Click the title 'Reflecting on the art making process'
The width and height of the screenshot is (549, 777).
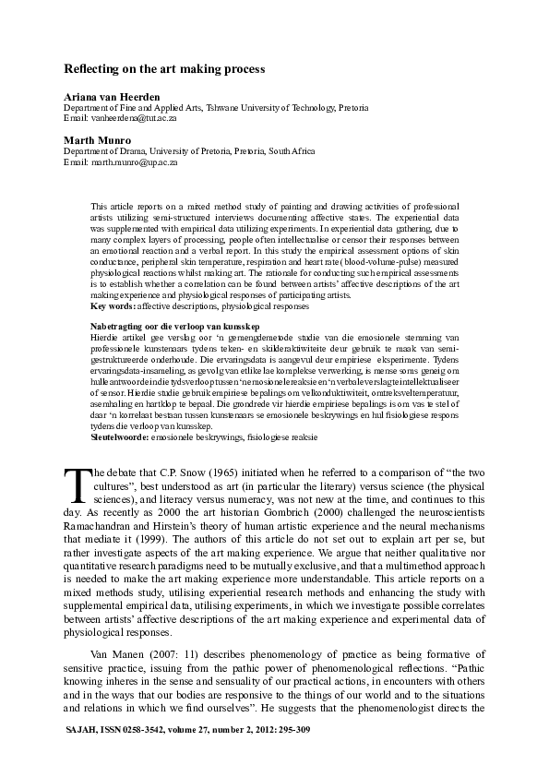pyautogui.click(x=163, y=69)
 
